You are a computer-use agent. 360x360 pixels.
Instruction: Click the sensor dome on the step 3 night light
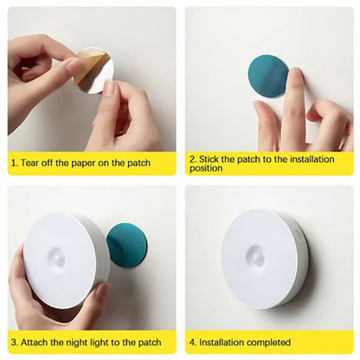pos(56,258)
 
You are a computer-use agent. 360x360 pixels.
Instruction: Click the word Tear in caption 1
pos(31,163)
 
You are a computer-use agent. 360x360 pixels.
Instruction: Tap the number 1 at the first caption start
pos(13,163)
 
